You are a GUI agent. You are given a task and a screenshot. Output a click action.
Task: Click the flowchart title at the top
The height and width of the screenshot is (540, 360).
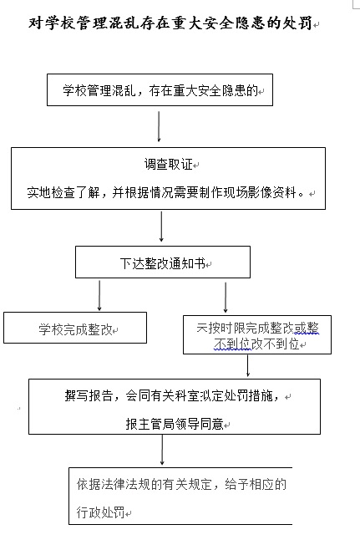click(x=170, y=23)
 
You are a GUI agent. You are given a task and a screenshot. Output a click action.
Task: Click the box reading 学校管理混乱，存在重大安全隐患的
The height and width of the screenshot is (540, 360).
click(x=160, y=90)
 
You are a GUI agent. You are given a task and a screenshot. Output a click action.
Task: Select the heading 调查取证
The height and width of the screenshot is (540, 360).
click(x=168, y=165)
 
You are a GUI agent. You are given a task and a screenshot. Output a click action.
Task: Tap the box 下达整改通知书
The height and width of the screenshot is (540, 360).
click(x=163, y=262)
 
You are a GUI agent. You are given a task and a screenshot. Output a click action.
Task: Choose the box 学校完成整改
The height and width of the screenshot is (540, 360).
click(x=75, y=328)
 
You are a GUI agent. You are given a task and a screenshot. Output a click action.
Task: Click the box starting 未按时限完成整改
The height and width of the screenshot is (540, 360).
click(x=257, y=334)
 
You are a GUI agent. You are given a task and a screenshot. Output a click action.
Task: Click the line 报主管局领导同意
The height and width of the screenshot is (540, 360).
click(x=175, y=424)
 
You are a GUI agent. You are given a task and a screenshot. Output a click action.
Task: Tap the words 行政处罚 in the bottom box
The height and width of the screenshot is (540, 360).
click(x=100, y=512)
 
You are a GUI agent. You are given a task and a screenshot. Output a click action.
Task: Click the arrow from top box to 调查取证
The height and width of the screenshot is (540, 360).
click(x=159, y=126)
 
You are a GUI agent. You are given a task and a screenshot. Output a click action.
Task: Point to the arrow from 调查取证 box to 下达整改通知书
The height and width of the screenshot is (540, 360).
click(x=161, y=227)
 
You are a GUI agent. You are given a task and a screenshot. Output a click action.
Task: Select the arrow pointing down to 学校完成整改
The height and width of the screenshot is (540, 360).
click(x=99, y=295)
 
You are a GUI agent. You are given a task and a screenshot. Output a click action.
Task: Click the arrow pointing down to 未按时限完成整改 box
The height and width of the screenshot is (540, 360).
click(x=226, y=298)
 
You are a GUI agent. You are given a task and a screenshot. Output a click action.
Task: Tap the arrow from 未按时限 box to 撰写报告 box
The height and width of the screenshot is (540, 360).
click(x=248, y=366)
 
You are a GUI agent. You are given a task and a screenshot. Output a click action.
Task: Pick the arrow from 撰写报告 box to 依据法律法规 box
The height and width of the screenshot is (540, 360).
click(x=162, y=450)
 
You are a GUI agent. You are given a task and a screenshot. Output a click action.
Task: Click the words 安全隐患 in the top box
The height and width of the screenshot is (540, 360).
click(x=221, y=90)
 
